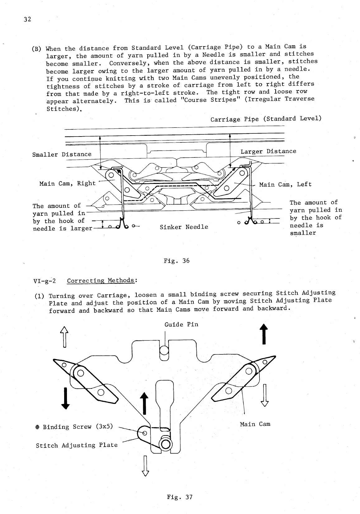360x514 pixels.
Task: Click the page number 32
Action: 27,19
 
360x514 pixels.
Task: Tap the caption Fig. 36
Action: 177,261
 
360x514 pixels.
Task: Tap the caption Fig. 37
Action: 180,497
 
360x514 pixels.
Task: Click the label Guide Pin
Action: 181,324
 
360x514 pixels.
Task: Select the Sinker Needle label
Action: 184,227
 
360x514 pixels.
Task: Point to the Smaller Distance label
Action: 62,154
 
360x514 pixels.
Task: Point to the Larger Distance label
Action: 268,151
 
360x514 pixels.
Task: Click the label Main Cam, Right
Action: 68,184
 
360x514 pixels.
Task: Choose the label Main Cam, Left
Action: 285,184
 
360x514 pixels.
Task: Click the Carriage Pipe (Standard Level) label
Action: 266,119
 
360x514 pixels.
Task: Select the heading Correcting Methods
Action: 101,281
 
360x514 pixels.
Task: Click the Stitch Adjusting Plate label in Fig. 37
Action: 77,445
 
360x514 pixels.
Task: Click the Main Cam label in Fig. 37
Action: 255,424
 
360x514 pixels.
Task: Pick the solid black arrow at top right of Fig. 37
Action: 264,334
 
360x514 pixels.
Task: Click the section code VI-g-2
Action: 44,281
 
